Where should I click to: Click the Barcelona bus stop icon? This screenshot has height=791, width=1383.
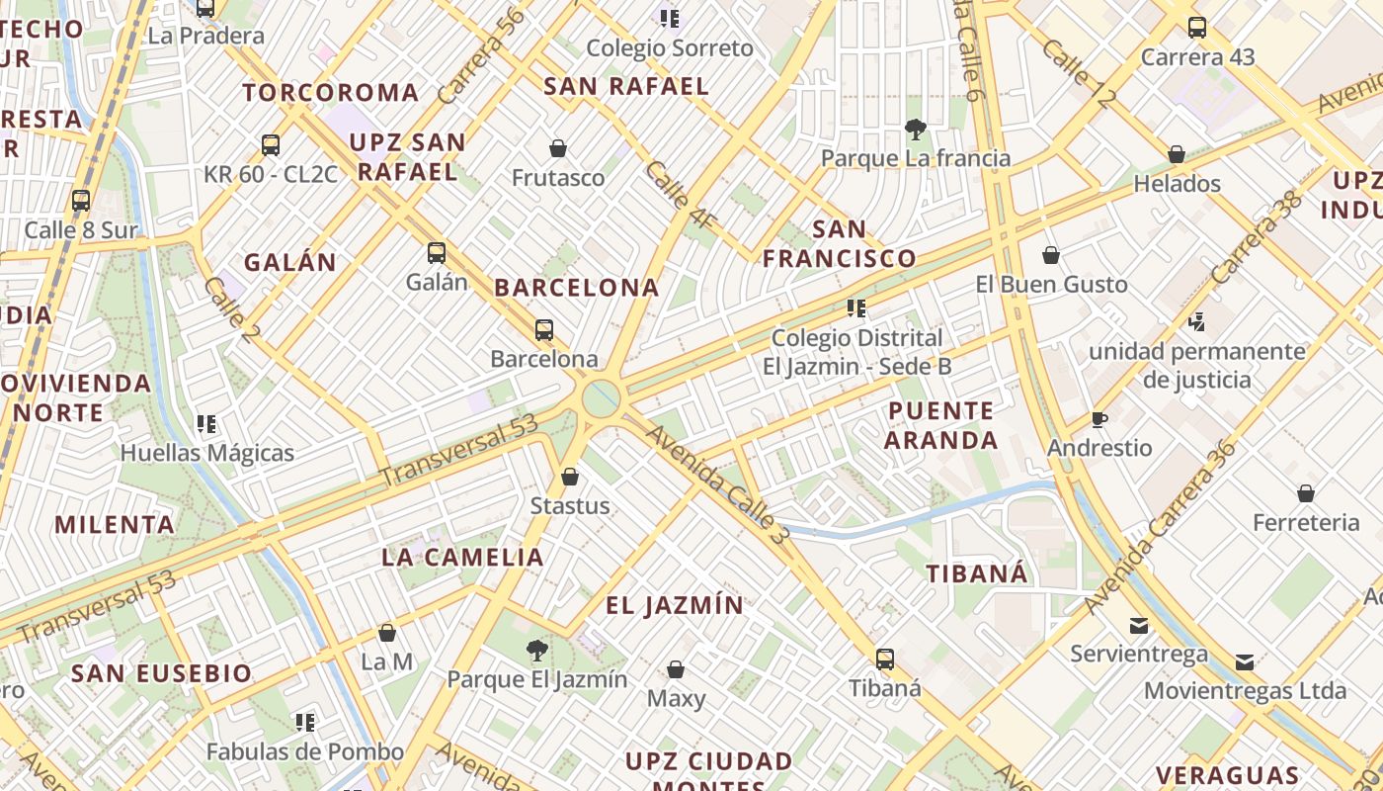pyautogui.click(x=543, y=330)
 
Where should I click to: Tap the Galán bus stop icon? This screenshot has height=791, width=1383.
pyautogui.click(x=437, y=253)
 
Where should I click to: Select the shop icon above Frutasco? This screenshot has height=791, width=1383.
pyautogui.click(x=558, y=149)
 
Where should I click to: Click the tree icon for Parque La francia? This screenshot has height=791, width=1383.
pyautogui.click(x=915, y=129)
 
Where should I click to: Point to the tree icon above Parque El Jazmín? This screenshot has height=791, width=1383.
pyautogui.click(x=537, y=651)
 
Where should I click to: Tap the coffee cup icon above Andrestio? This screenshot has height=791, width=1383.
pyautogui.click(x=1099, y=420)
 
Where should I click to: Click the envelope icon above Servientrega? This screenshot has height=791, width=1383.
pyautogui.click(x=1139, y=626)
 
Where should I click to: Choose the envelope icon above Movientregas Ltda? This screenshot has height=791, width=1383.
pyautogui.click(x=1245, y=661)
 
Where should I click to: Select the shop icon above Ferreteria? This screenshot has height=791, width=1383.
pyautogui.click(x=1306, y=493)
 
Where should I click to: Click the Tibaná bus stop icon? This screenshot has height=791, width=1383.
pyautogui.click(x=885, y=659)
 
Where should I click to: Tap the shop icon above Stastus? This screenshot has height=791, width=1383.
pyautogui.click(x=570, y=478)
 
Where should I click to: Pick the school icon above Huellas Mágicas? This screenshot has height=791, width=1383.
pyautogui.click(x=206, y=425)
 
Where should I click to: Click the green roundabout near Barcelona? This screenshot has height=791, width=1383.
pyautogui.click(x=601, y=398)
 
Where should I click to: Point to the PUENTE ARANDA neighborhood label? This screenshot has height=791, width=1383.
pyautogui.click(x=940, y=425)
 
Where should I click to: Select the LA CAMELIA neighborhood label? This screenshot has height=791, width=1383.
pyautogui.click(x=463, y=557)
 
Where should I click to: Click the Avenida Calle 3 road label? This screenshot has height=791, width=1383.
pyautogui.click(x=719, y=479)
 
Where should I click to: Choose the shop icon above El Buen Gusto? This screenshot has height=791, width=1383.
pyautogui.click(x=1051, y=256)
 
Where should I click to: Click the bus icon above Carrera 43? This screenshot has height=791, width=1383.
pyautogui.click(x=1197, y=28)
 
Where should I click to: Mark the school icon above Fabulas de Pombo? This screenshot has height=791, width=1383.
pyautogui.click(x=305, y=723)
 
